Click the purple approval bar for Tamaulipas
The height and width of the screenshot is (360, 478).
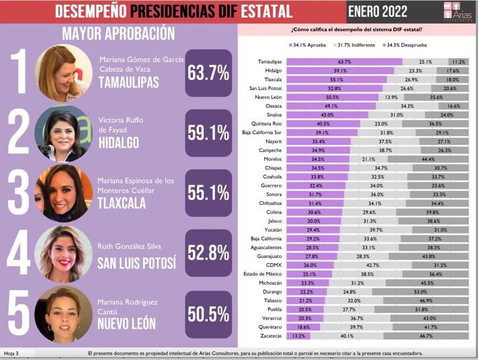coord(344,62)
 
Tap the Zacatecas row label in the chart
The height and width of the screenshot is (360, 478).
coord(270,334)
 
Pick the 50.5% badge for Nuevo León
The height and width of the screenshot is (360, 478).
coord(208,314)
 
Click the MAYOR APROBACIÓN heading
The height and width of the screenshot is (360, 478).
coord(118,34)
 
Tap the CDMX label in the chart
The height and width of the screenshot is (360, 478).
coord(273,265)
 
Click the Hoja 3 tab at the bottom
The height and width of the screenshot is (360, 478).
coord(12,353)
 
